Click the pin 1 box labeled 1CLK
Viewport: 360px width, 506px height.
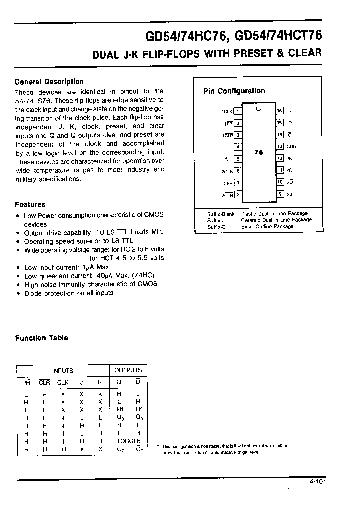pyautogui.click(x=238, y=111)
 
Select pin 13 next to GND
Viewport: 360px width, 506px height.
pyautogui.click(x=280, y=146)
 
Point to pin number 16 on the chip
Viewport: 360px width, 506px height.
pyautogui.click(x=280, y=111)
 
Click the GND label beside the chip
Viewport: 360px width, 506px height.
pyautogui.click(x=291, y=147)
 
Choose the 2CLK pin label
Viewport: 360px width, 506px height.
pyautogui.click(x=228, y=171)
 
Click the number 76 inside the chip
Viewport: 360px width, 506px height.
pyautogui.click(x=258, y=153)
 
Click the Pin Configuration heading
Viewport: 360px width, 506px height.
pyautogui.click(x=234, y=91)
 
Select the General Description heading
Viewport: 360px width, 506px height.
pyautogui.click(x=49, y=82)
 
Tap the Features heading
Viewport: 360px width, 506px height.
pyautogui.click(x=30, y=204)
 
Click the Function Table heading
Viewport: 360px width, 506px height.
pyautogui.click(x=41, y=338)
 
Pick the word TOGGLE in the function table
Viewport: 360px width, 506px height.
pyautogui.click(x=128, y=441)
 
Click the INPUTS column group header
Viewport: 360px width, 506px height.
pyautogui.click(x=63, y=371)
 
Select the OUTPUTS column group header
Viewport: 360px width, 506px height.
pyautogui.click(x=128, y=371)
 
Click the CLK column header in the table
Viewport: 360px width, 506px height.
pyautogui.click(x=62, y=383)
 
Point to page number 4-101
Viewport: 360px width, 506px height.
pyautogui.click(x=331, y=483)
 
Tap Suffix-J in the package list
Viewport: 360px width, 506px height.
pyautogui.click(x=217, y=220)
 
